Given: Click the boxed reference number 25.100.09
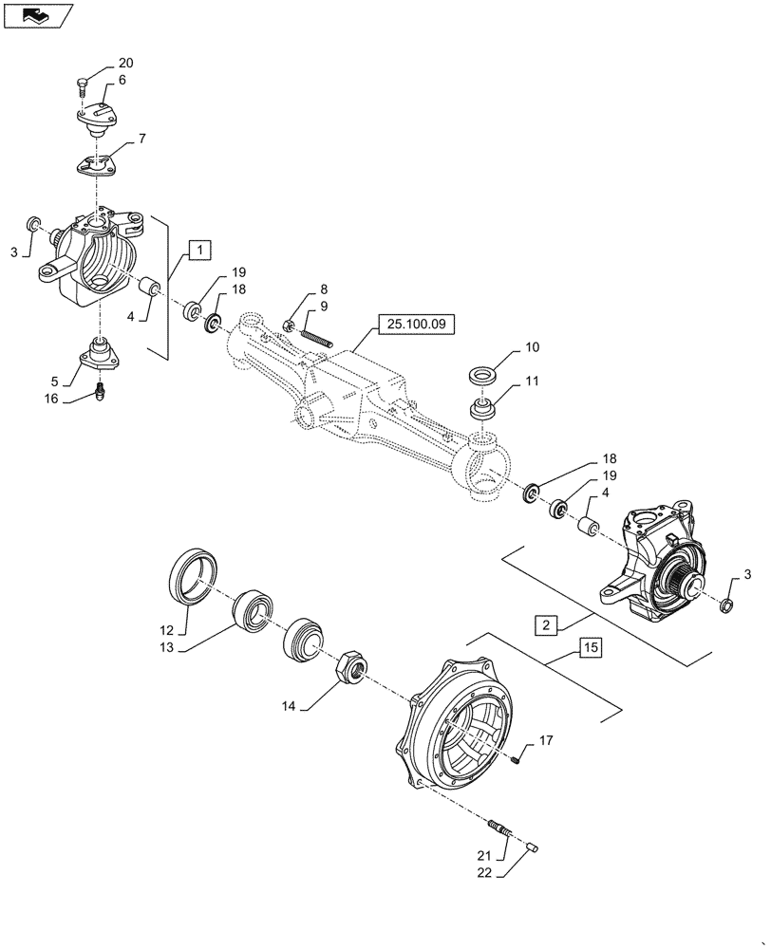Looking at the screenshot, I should (416, 325).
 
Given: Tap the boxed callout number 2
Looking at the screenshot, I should (546, 625).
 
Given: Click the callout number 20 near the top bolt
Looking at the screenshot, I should (125, 64).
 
